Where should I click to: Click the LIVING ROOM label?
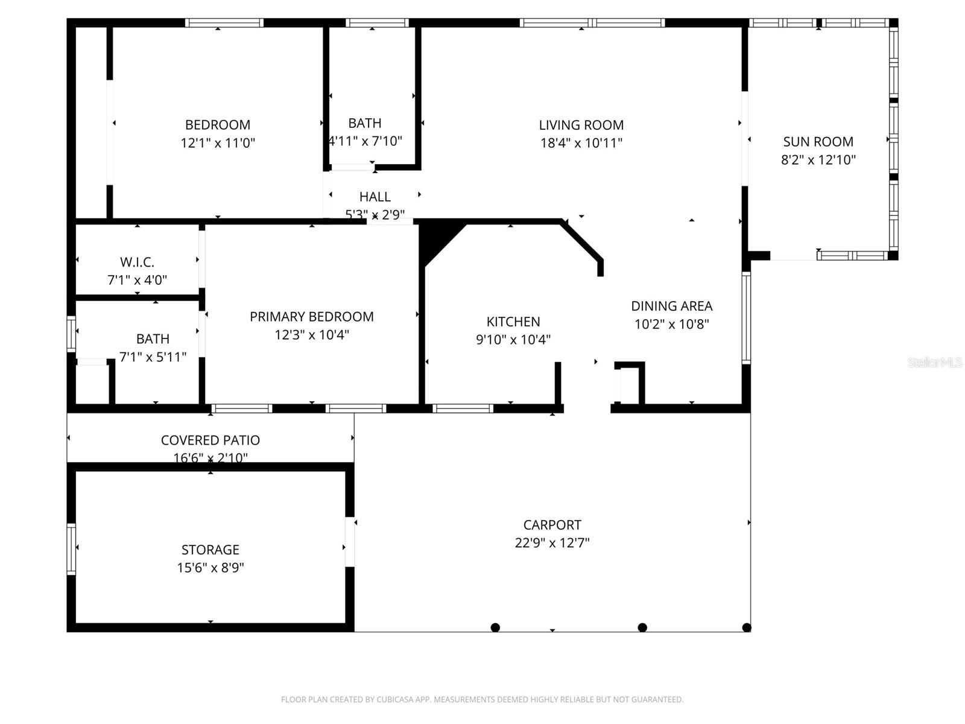(581, 125)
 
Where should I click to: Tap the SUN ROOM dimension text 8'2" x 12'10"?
(818, 160)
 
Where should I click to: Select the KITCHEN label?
(513, 322)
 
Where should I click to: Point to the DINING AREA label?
(671, 306)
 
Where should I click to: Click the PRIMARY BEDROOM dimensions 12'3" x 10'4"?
(311, 335)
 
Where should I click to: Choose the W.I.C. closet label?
(137, 262)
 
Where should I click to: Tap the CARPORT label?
(552, 525)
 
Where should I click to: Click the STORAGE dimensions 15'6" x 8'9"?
(210, 568)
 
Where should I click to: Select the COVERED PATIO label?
(210, 440)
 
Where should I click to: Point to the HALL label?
(375, 197)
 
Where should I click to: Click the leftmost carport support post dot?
(495, 627)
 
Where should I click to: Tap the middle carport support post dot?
(642, 627)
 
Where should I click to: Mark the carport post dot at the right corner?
(747, 627)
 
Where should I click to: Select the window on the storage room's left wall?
(71, 549)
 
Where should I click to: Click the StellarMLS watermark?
(935, 362)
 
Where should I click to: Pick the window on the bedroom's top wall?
(224, 23)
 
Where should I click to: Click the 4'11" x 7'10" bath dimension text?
(365, 141)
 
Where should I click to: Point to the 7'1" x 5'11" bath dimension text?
(153, 357)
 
